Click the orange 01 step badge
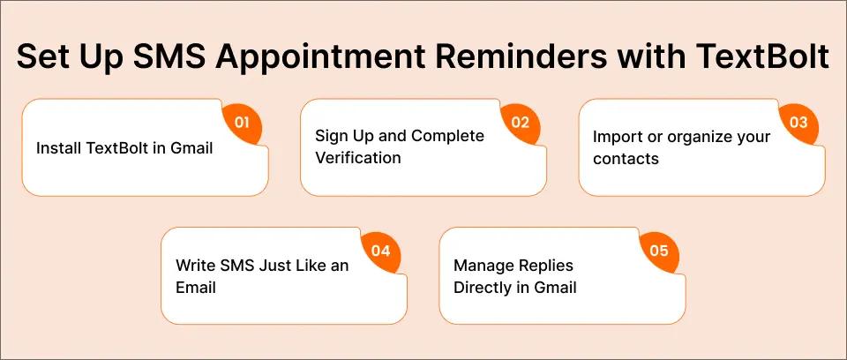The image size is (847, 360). click(242, 123)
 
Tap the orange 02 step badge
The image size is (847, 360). click(520, 123)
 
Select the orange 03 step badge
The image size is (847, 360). click(798, 123)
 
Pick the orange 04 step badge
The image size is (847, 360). click(380, 251)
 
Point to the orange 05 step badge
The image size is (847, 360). click(659, 251)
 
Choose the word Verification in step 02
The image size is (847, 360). click(358, 158)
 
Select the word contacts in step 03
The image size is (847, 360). click(626, 159)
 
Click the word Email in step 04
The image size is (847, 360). click(196, 287)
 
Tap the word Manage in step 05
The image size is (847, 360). click(483, 265)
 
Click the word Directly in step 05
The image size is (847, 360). click(483, 287)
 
